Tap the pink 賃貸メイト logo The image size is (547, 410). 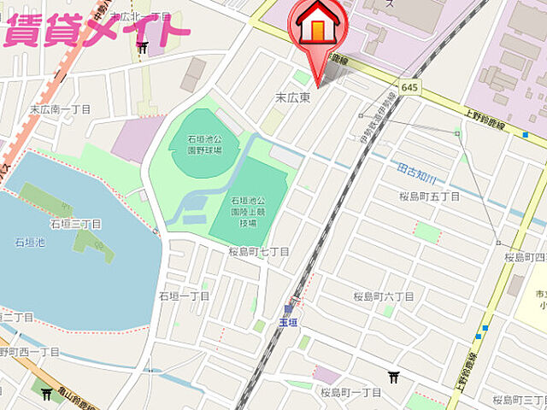tap(96, 30)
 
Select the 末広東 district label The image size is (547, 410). tap(292, 98)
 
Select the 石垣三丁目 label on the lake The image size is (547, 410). tap(75, 224)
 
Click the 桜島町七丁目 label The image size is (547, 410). tap(258, 252)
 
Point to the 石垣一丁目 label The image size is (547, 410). tap(184, 296)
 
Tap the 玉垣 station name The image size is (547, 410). tap(288, 322)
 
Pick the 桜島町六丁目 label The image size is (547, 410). tap(384, 296)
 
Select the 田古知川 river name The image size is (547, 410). tap(418, 173)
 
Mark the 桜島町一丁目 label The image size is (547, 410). tap(351, 392)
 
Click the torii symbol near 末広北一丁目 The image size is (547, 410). tap(143, 48)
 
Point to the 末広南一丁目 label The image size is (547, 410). tap(60, 109)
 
